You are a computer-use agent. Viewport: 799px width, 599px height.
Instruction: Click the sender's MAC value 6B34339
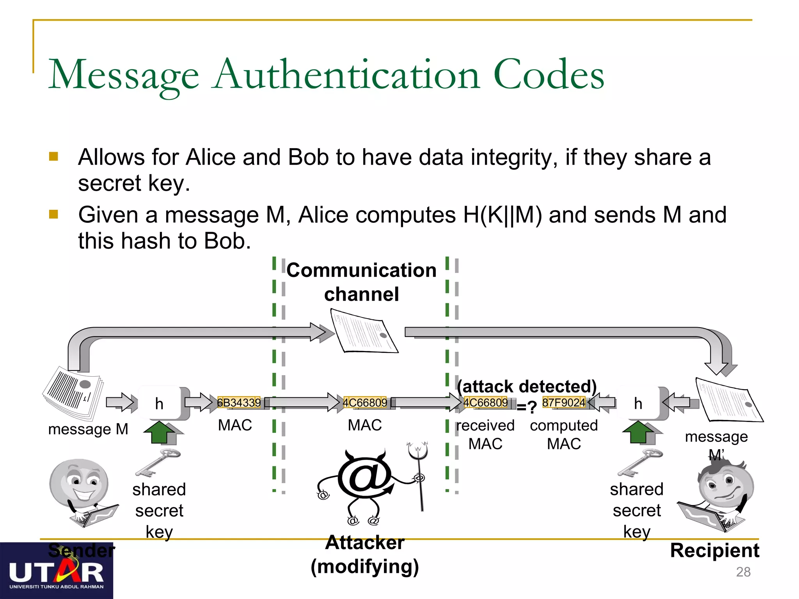(x=239, y=402)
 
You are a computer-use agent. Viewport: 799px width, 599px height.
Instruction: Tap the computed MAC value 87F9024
(x=564, y=402)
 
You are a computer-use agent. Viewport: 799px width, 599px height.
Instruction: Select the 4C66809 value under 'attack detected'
(x=486, y=402)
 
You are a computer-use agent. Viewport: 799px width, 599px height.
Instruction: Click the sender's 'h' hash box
(x=160, y=404)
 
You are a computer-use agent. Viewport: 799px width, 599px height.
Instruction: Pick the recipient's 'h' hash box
(x=638, y=404)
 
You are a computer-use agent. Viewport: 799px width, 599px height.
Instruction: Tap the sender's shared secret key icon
(x=158, y=463)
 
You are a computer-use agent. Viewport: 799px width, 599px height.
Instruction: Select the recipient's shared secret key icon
(x=640, y=463)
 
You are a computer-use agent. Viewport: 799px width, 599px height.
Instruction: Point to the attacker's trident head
(x=418, y=451)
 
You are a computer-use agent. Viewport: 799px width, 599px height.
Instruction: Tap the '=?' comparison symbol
(x=526, y=407)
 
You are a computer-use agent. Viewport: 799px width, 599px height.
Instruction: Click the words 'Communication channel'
(x=362, y=282)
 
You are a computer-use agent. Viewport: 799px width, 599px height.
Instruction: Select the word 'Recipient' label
(x=714, y=550)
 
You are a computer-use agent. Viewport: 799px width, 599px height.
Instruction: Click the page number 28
(x=743, y=572)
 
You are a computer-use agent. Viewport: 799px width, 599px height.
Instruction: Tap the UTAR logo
(x=57, y=573)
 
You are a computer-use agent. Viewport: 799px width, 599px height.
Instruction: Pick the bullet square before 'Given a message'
(x=53, y=214)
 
